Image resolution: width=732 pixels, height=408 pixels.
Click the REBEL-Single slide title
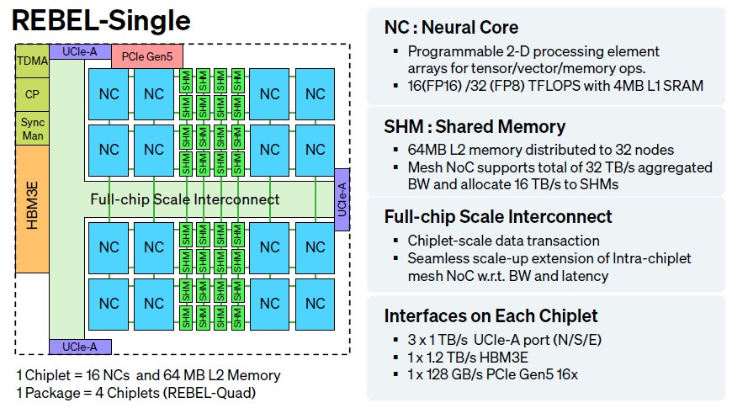pos(102,20)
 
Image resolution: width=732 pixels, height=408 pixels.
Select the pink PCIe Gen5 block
pos(146,57)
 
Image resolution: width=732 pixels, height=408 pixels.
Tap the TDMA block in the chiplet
pos(32,61)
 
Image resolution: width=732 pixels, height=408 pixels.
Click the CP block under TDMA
pos(32,94)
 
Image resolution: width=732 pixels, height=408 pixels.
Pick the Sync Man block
pos(32,129)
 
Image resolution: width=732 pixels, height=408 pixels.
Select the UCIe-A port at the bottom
pos(80,346)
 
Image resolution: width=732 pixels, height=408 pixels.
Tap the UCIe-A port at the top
pos(80,52)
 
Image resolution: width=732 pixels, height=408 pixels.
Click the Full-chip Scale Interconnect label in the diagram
pos(184,199)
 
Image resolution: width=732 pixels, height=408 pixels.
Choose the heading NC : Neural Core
pos(451,27)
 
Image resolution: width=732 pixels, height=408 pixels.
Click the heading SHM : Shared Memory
pos(475,127)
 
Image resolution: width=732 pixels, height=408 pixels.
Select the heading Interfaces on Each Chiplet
pos(491,316)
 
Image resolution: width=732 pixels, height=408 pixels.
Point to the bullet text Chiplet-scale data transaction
pos(503,241)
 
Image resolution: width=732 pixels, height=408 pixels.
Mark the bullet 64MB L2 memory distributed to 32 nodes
pos(540,150)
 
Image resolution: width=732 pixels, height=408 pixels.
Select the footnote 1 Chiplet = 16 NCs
pos(147,374)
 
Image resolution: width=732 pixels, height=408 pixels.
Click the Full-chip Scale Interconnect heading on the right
pos(498,216)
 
